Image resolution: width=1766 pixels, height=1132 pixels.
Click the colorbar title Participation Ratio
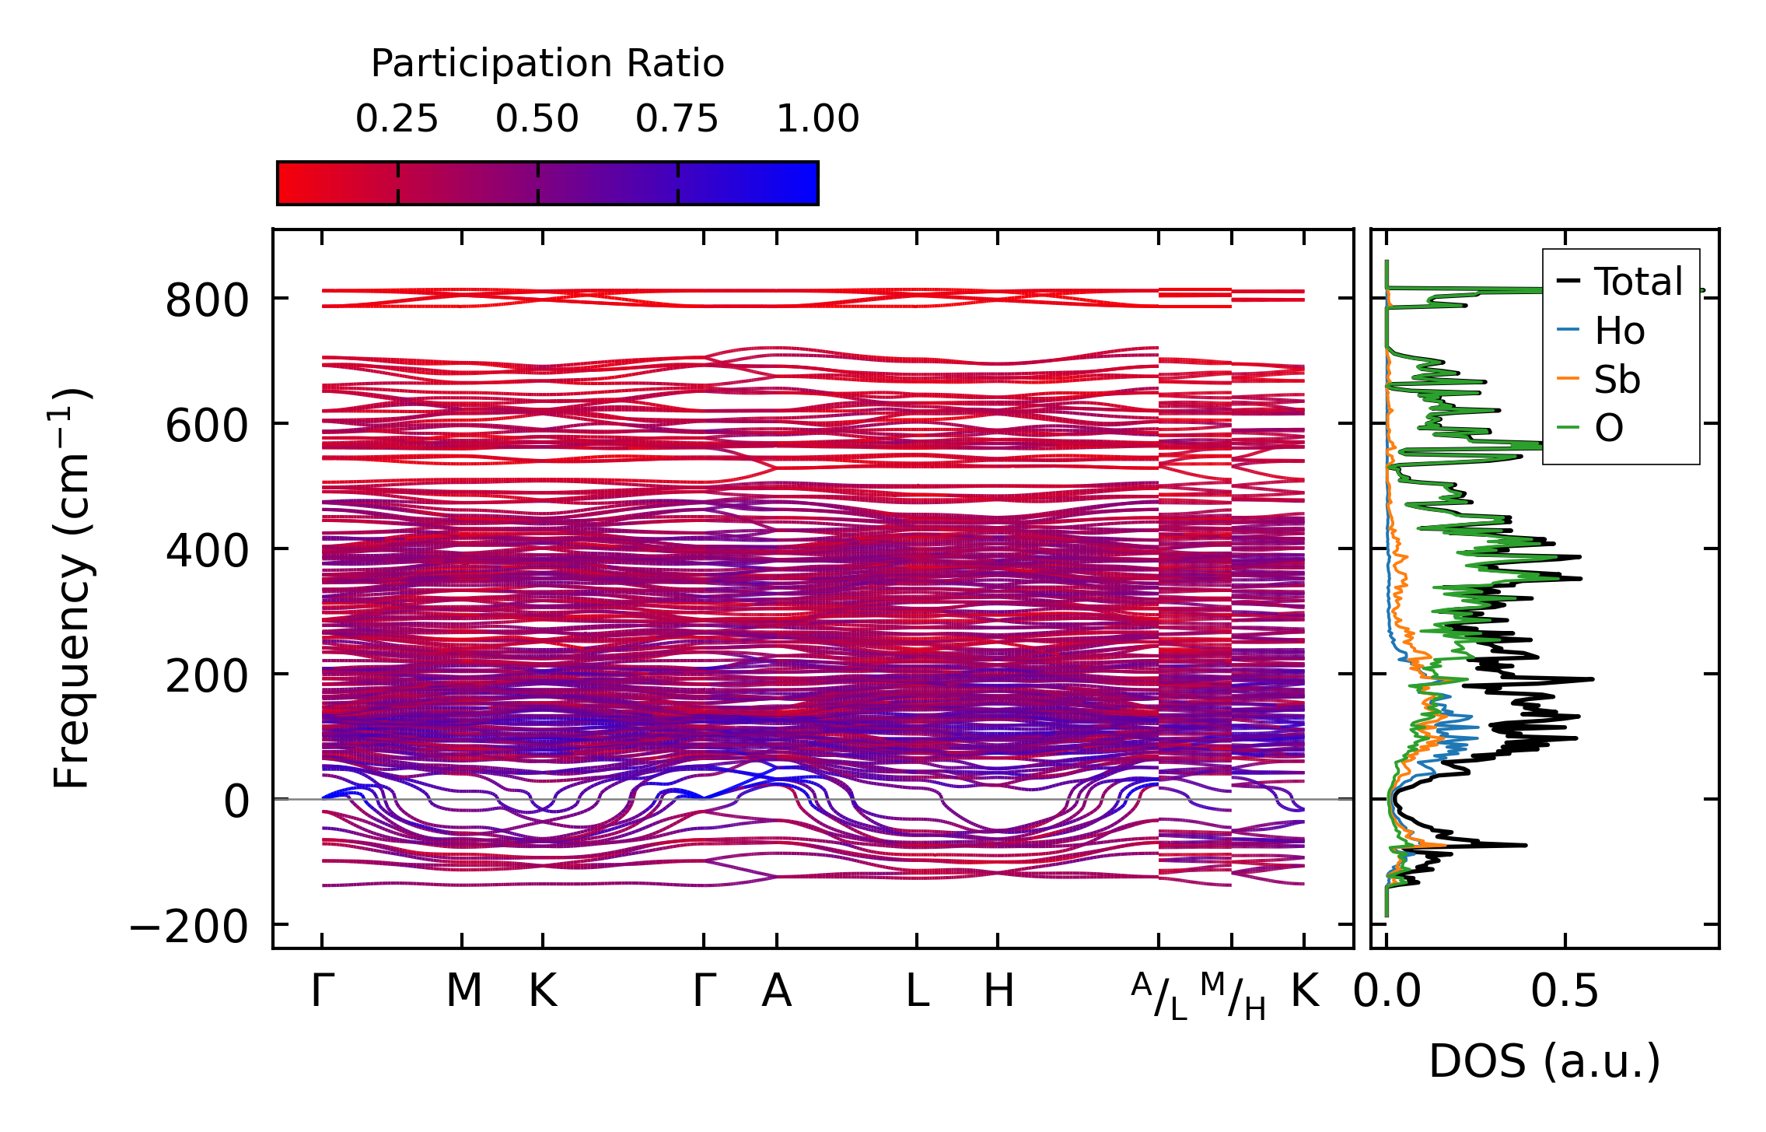tap(547, 64)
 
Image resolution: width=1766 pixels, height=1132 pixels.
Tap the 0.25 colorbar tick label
tap(397, 120)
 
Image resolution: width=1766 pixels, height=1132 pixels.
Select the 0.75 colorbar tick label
tap(677, 120)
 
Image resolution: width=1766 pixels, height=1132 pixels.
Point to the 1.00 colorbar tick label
tap(817, 120)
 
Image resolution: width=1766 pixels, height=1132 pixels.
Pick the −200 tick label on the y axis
tap(188, 927)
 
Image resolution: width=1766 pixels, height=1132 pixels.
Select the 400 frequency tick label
tap(206, 552)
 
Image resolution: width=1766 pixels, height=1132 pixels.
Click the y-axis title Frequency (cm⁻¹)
tap(72, 588)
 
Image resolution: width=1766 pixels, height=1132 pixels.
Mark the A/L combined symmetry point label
tap(1159, 996)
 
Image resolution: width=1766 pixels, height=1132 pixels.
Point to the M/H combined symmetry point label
tap(1233, 996)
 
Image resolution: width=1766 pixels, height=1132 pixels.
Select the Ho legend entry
tap(1618, 331)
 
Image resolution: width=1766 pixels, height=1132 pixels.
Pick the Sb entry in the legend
tap(1616, 380)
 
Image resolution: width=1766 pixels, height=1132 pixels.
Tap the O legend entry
tap(1608, 429)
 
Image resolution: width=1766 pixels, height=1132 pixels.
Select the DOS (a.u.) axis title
tap(1544, 1062)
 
